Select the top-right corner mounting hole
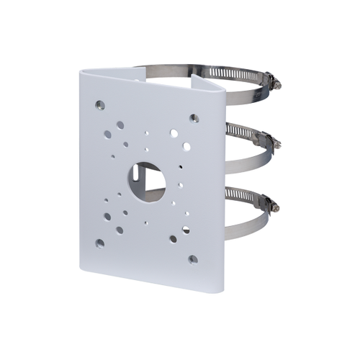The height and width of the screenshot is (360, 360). [192, 117]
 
